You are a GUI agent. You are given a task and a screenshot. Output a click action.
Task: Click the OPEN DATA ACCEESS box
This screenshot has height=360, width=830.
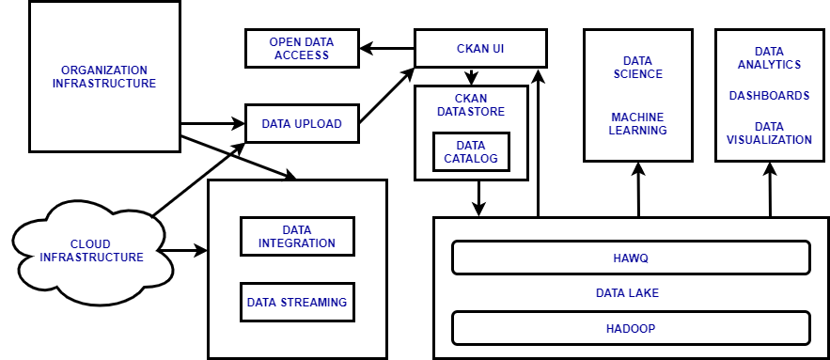click(x=302, y=48)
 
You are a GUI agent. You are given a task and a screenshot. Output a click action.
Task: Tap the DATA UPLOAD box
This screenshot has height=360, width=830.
click(x=302, y=123)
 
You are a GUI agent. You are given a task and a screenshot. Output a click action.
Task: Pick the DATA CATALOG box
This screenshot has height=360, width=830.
click(x=470, y=152)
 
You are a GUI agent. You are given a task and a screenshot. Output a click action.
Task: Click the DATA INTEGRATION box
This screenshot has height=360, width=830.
click(x=296, y=236)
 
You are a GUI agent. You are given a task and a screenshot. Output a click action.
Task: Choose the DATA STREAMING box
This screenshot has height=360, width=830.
click(x=296, y=303)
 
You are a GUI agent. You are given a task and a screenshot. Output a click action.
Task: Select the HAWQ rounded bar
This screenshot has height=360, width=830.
click(x=631, y=257)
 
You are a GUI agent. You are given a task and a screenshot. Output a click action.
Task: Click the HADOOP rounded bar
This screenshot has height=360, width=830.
click(x=631, y=328)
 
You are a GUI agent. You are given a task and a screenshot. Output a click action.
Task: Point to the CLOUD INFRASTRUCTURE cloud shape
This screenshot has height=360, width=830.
click(x=92, y=250)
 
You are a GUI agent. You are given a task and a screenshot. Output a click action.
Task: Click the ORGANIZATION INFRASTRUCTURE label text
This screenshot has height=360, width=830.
click(x=104, y=77)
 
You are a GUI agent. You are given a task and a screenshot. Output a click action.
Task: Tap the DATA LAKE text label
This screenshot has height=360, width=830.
click(x=627, y=292)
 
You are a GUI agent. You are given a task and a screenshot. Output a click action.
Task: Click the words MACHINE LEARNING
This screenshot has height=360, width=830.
click(x=637, y=123)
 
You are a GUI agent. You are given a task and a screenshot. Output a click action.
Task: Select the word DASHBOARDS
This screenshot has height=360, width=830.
click(x=769, y=96)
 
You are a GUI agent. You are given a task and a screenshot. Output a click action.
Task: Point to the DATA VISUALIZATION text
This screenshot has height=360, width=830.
click(x=769, y=133)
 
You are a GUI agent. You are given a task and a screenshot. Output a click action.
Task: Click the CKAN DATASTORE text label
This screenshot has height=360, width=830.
click(x=471, y=104)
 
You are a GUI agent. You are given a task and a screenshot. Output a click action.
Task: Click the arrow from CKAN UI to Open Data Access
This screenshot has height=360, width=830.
click(x=387, y=47)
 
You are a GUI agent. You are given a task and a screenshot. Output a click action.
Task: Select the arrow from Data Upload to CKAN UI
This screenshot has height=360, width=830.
click(x=386, y=95)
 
